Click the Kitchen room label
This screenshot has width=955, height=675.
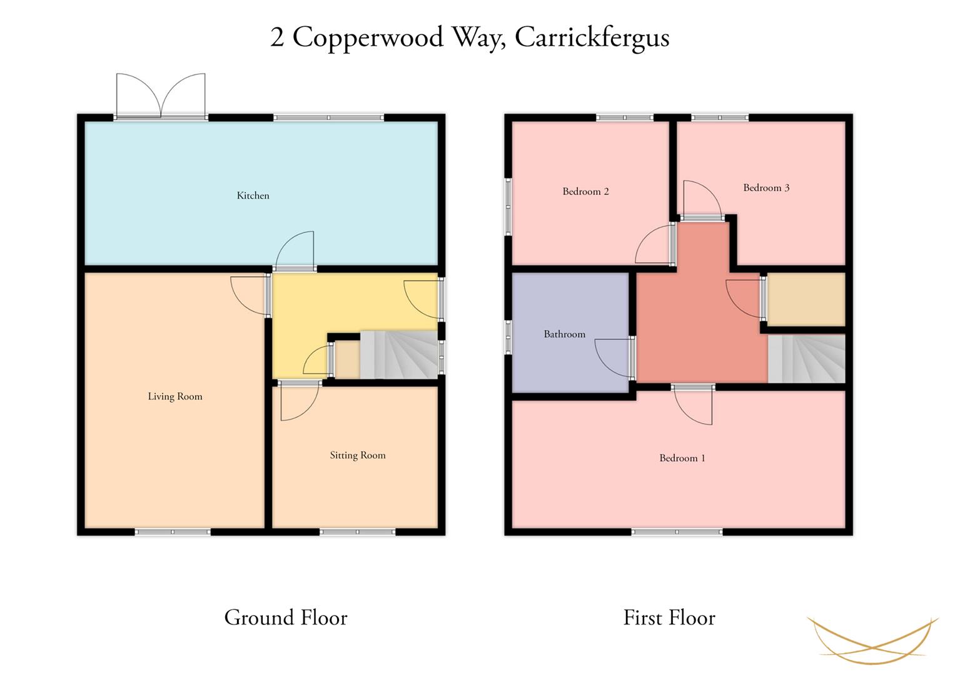point(253,196)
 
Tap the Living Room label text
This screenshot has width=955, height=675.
point(174,397)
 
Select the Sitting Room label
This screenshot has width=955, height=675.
point(358,456)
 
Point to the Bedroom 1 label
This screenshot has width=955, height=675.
point(682,458)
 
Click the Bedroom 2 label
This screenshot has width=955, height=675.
point(585,191)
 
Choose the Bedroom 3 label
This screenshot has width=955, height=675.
point(766,187)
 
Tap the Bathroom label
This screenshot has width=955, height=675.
point(565,334)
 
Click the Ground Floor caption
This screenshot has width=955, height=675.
point(286,617)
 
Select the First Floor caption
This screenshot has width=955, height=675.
point(669,617)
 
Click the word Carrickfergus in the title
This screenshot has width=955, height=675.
point(592,38)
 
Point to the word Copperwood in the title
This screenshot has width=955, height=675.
point(368,38)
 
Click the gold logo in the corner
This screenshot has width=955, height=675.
point(872,641)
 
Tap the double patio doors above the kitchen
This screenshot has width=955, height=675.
point(161,96)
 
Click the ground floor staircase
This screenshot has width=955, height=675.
point(399,355)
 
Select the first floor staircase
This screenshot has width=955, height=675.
point(807,358)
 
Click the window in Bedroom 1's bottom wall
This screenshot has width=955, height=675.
point(677,532)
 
